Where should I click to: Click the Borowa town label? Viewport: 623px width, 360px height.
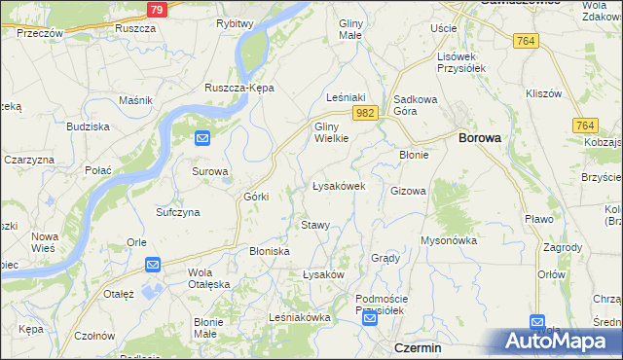pyautogui.click(x=479, y=138)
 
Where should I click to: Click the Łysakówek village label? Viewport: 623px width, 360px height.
pyautogui.click(x=338, y=185)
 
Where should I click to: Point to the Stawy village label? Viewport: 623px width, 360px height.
pyautogui.click(x=314, y=225)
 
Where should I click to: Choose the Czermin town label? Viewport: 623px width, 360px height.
pyautogui.click(x=418, y=347)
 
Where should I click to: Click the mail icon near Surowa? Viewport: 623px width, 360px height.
pyautogui.click(x=202, y=139)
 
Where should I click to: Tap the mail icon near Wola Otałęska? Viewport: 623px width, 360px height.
pyautogui.click(x=153, y=264)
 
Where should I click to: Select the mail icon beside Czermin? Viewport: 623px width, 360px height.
pyautogui.click(x=370, y=318)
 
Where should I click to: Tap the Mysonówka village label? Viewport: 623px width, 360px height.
pyautogui.click(x=447, y=239)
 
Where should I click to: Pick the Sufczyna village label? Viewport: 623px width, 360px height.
pyautogui.click(x=178, y=211)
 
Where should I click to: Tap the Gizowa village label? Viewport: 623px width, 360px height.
pyautogui.click(x=408, y=191)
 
